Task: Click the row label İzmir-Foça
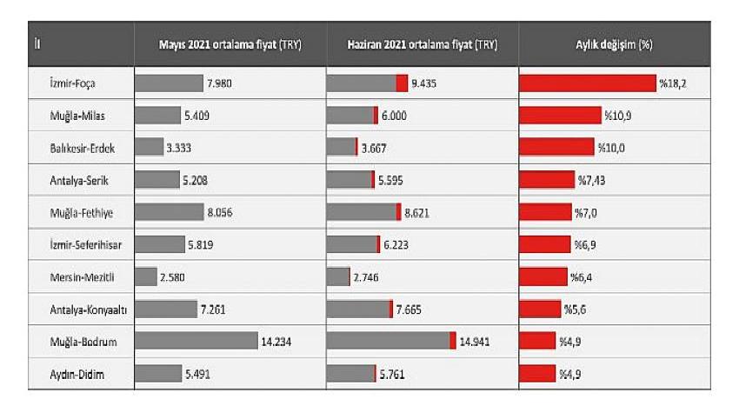click(x=73, y=83)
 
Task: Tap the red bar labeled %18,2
click(x=587, y=83)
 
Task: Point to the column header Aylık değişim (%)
click(x=614, y=44)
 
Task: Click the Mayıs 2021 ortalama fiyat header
click(x=230, y=44)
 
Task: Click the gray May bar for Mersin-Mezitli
click(x=146, y=277)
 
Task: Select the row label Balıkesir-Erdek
click(x=82, y=148)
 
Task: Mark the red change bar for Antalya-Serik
click(x=547, y=180)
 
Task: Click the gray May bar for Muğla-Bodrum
click(x=196, y=342)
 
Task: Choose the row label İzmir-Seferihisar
click(x=86, y=245)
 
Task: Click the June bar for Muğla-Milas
click(x=352, y=116)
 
